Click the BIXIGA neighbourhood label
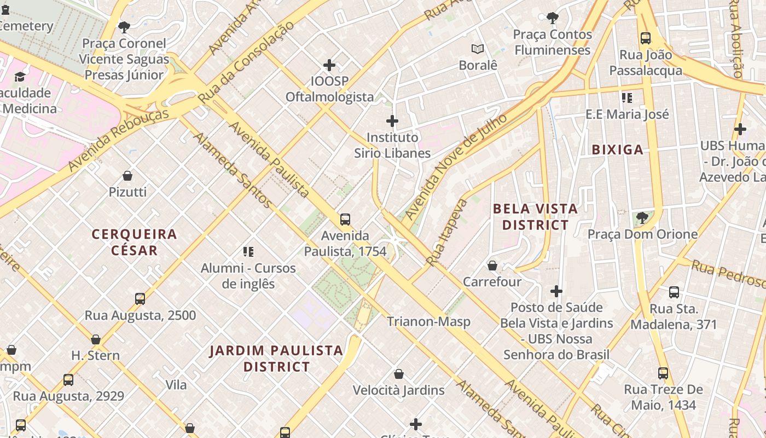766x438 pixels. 617,149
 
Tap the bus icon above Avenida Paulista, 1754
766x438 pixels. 345,220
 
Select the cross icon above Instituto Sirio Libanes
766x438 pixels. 392,121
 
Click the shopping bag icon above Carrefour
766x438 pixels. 492,266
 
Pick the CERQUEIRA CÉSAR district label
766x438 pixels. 134,242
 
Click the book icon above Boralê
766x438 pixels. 478,49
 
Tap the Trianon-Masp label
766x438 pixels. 428,321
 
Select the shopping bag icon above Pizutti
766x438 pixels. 127,176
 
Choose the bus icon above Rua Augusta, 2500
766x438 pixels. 140,299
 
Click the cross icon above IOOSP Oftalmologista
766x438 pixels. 329,66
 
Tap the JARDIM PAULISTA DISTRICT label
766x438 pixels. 276,358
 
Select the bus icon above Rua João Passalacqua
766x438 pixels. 646,38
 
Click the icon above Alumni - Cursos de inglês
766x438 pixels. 248,252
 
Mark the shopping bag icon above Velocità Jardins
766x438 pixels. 399,374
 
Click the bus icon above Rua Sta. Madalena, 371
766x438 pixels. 674,292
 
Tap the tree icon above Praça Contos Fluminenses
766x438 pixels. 553,18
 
